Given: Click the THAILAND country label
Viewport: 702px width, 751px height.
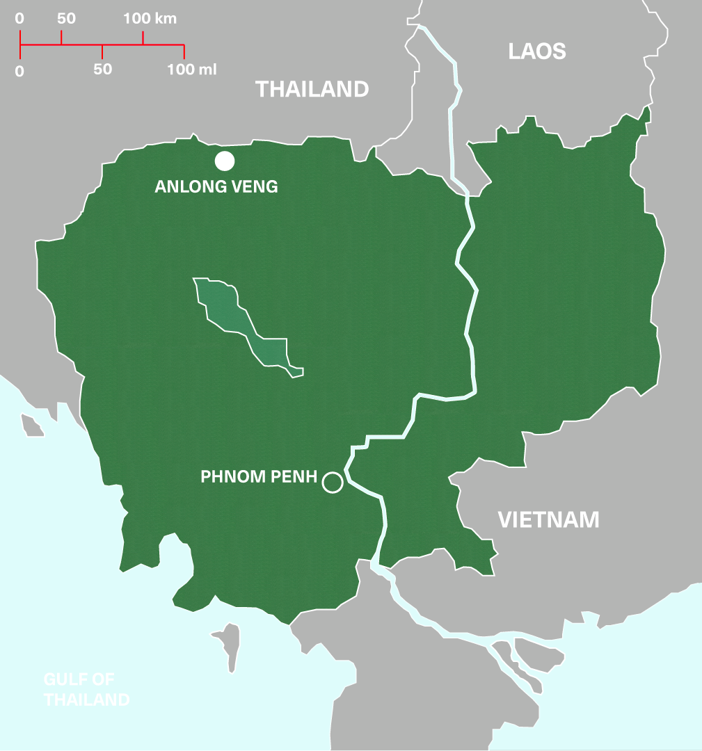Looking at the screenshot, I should click(312, 89).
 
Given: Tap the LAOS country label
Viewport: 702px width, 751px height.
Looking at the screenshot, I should click(537, 51).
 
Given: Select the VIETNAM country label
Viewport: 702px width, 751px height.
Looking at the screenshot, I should click(548, 519).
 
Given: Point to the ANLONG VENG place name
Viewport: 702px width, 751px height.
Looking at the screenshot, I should click(216, 186).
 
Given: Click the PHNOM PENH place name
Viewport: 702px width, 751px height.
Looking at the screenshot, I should click(259, 478).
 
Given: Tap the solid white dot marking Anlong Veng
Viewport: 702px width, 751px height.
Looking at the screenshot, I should click(224, 161).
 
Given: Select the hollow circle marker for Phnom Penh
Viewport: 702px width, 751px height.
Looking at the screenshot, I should click(333, 482).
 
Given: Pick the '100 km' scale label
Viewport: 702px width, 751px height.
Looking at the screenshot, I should click(150, 19).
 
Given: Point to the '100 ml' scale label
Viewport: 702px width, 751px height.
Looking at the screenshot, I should click(192, 70).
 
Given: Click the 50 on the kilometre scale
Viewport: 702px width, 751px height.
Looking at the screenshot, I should click(66, 19).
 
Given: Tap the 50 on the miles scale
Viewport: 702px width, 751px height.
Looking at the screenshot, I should click(102, 70).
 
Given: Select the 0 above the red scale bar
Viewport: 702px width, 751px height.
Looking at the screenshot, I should click(19, 19).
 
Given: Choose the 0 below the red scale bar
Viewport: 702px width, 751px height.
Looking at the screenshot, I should click(19, 70).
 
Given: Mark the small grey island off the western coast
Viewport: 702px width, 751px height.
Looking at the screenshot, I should click(31, 424).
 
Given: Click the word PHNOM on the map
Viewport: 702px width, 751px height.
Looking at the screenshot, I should click(239, 478).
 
